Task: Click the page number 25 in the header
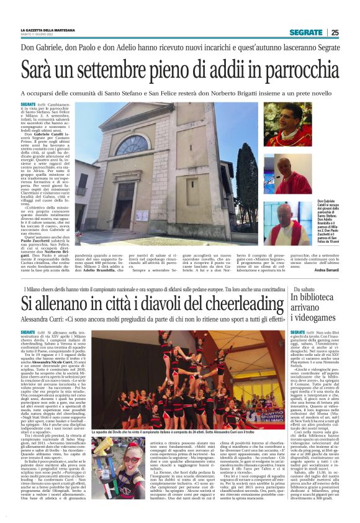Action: (335, 32)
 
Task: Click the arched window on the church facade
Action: (142, 145)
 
